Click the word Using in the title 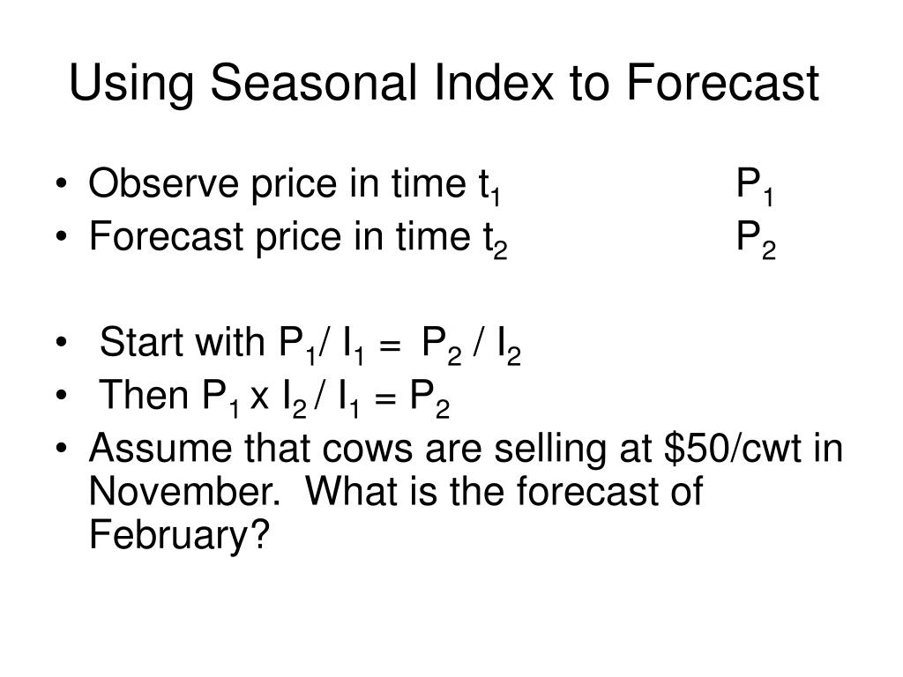131,85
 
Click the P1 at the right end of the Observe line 756,188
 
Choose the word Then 141,397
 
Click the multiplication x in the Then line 259,398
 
